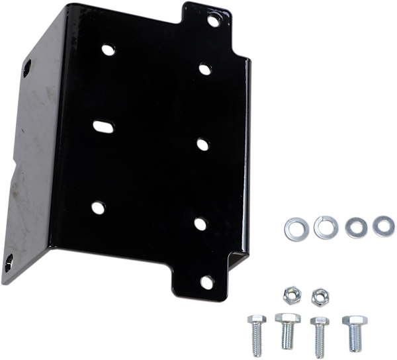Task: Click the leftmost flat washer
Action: coord(292,228)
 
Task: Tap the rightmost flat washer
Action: coord(382,226)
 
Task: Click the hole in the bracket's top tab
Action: coord(213,19)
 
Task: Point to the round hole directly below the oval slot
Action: coord(97,206)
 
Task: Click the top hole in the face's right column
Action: coord(204,68)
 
